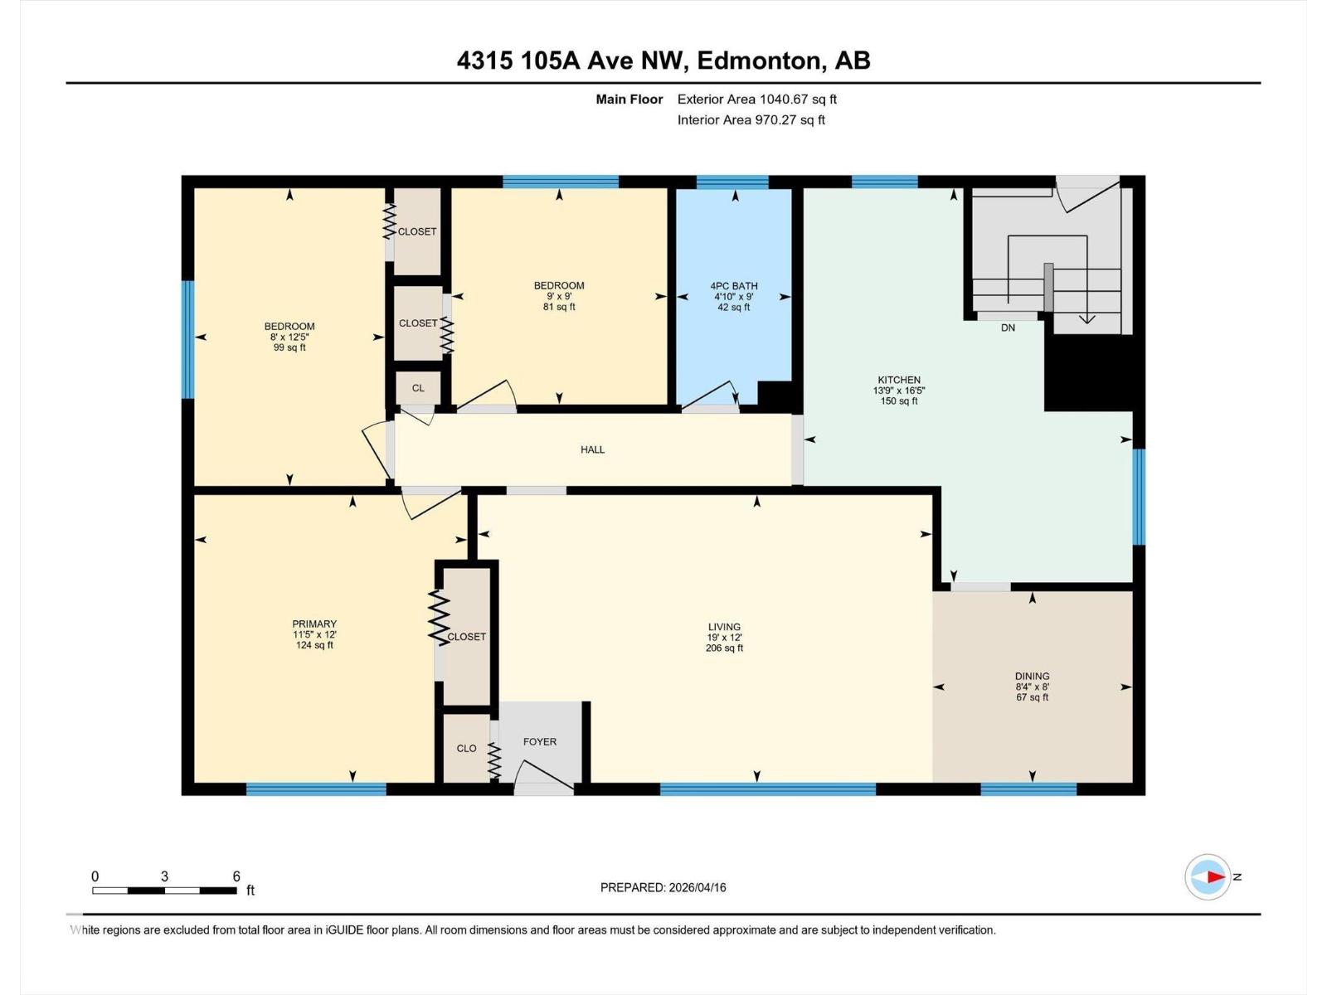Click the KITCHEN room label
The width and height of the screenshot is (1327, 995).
click(899, 380)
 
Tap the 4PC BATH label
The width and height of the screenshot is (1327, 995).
click(734, 286)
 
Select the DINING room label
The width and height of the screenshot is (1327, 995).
click(1032, 676)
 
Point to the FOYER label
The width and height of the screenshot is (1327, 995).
click(539, 742)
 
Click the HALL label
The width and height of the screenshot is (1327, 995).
click(592, 449)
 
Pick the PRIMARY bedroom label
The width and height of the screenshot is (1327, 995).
click(314, 624)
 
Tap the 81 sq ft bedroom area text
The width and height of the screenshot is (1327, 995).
click(559, 307)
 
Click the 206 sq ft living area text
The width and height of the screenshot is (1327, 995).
click(724, 648)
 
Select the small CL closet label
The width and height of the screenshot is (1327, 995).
click(418, 388)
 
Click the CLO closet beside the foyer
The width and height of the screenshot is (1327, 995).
click(466, 748)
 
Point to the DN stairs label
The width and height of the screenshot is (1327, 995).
click(1008, 328)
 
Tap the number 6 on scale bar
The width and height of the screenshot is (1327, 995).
click(236, 876)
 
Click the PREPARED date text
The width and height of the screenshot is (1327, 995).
click(663, 887)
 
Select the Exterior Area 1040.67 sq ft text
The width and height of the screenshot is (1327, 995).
click(756, 99)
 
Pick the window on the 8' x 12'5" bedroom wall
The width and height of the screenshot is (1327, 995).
click(188, 339)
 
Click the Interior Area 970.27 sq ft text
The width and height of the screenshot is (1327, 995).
click(751, 120)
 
